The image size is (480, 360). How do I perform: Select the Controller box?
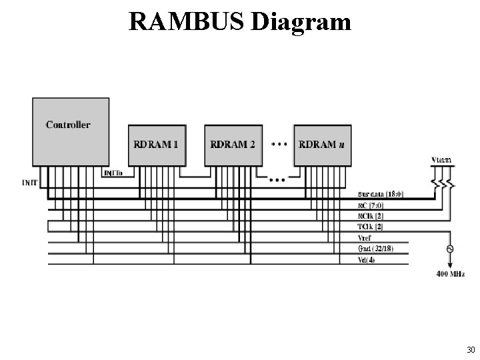pos(71,131)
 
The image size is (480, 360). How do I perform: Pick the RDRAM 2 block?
pos(232,145)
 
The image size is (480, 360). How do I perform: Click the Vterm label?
pos(441,160)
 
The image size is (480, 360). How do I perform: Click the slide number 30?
pos(471,350)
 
